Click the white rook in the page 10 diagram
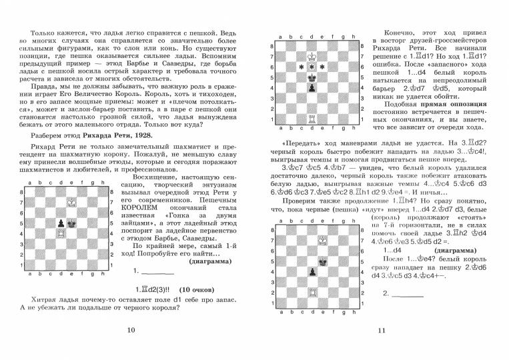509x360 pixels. click(x=61, y=235)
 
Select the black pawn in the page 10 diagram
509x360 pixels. click(x=61, y=223)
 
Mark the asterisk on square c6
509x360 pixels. click(x=302, y=67)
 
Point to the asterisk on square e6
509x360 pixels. click(x=323, y=67)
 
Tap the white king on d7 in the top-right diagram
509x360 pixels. click(x=312, y=56)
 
